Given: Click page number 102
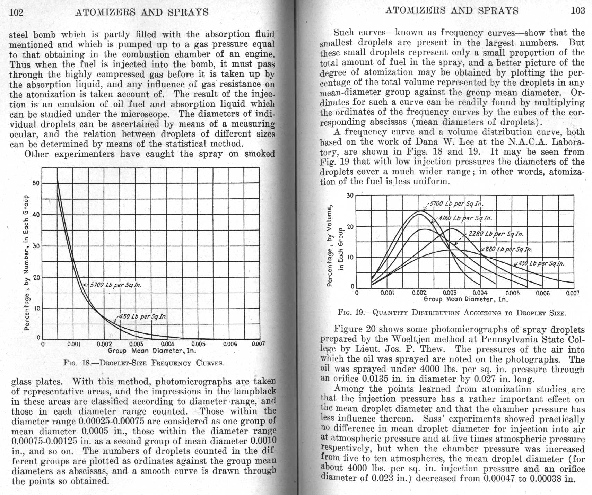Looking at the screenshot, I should (x=16, y=12).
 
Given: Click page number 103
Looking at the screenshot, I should (x=577, y=10).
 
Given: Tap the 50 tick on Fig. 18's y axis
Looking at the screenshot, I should (x=36, y=183).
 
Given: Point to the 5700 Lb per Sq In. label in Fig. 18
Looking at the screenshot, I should (x=115, y=285).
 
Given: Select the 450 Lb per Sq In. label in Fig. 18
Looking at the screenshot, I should (x=142, y=316).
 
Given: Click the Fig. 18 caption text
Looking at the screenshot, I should (x=143, y=363).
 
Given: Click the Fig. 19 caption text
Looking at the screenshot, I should (x=452, y=313).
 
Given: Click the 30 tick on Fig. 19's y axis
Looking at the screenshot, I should (x=350, y=196).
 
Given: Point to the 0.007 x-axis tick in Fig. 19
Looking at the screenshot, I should (x=572, y=293).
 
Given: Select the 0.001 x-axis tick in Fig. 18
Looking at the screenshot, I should (x=73, y=344).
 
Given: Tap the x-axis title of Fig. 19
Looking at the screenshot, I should (x=465, y=299).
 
